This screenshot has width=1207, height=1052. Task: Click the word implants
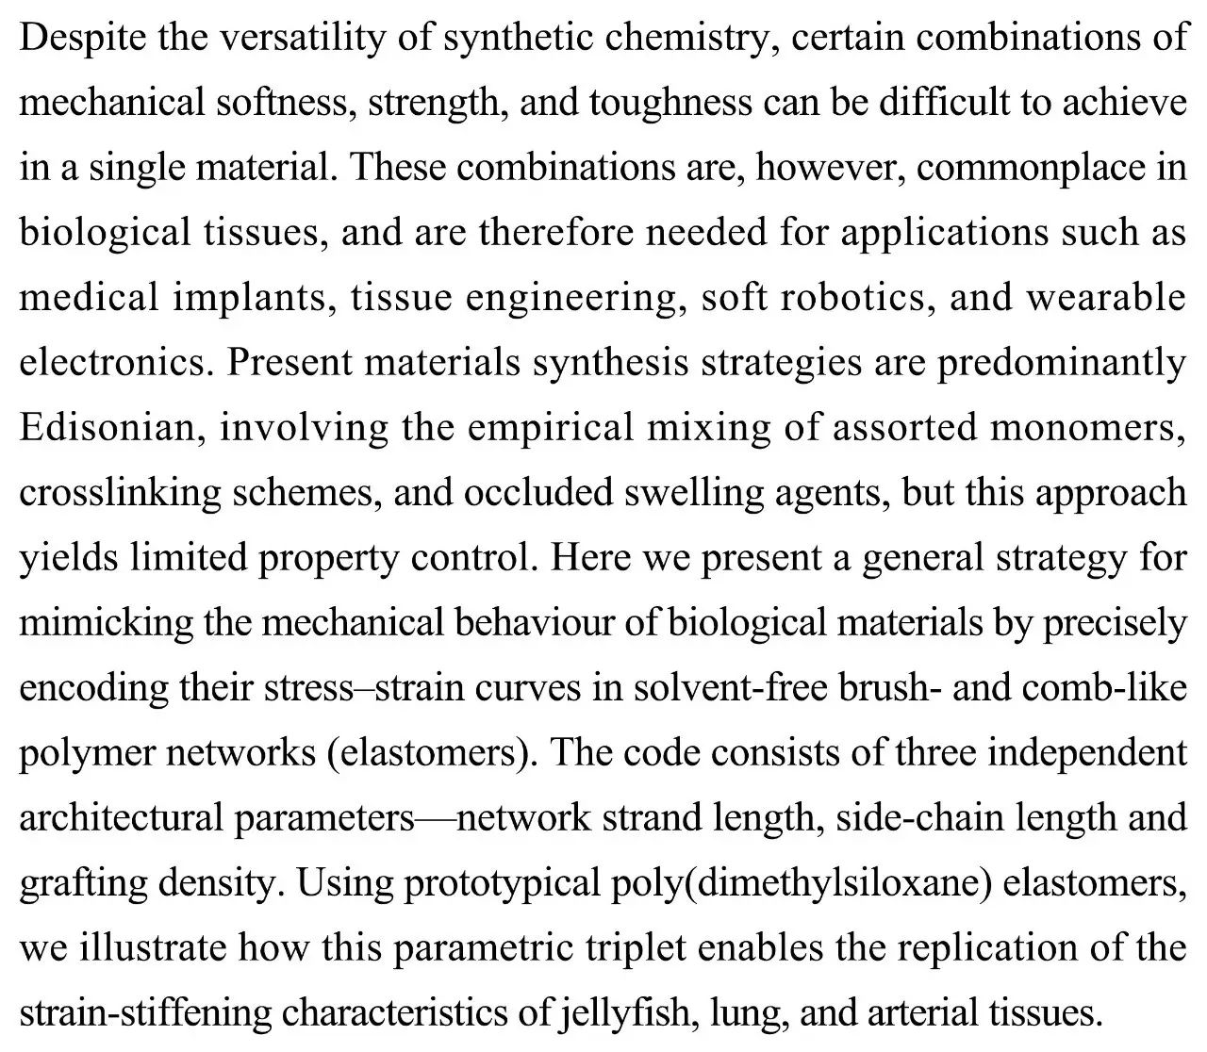pos(252,298)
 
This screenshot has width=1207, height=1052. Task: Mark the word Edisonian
pos(111,428)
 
